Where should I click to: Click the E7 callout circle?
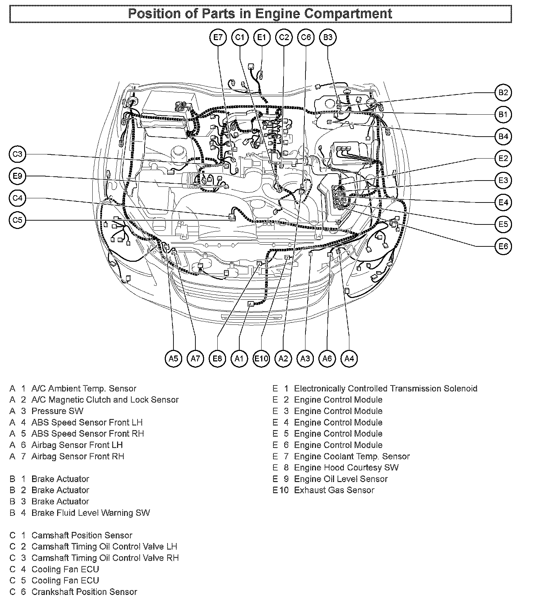[x=218, y=37]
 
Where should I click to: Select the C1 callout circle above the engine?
[x=240, y=37]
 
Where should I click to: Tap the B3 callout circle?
[x=328, y=37]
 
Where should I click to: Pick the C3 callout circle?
[x=17, y=154]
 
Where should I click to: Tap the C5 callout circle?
[x=17, y=220]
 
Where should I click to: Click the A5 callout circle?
[x=173, y=358]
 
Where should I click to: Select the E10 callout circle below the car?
[x=261, y=358]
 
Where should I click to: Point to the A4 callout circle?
[x=349, y=358]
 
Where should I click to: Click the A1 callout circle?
[x=239, y=358]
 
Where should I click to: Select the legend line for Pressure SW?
[x=57, y=411]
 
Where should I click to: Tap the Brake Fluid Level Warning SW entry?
[x=91, y=513]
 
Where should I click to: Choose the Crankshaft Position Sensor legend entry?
[x=84, y=592]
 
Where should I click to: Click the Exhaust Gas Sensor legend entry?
[x=334, y=490]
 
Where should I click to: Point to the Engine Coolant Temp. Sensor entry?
[x=352, y=456]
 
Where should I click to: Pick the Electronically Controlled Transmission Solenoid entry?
[x=386, y=388]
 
